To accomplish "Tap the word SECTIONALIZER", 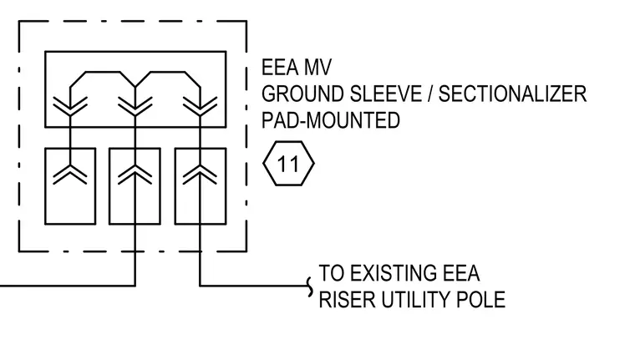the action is pyautogui.click(x=513, y=94).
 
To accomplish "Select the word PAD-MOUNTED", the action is pyautogui.click(x=331, y=120).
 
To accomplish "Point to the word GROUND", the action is pyautogui.click(x=304, y=94).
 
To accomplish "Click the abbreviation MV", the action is pyautogui.click(x=317, y=67).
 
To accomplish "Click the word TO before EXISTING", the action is pyautogui.click(x=332, y=273).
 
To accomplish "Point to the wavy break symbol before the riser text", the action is pyautogui.click(x=310, y=287).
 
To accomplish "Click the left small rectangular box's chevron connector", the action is pyautogui.click(x=70, y=175).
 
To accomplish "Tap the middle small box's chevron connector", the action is pyautogui.click(x=135, y=175).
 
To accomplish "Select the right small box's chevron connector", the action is pyautogui.click(x=200, y=175).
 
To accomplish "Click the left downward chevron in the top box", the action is pyautogui.click(x=70, y=107).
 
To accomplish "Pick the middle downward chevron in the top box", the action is pyautogui.click(x=135, y=107).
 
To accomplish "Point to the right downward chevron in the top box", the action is pyautogui.click(x=200, y=107).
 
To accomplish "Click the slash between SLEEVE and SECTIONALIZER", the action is pyautogui.click(x=430, y=94).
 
